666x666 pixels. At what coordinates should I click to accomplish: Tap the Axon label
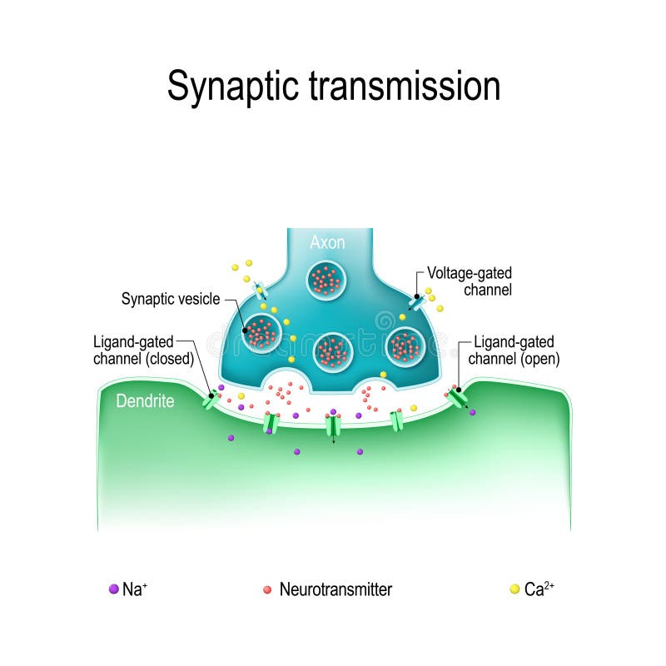pos(327,242)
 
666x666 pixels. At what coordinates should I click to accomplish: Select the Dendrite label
pos(145,401)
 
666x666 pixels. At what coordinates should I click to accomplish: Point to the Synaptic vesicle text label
pos(171,298)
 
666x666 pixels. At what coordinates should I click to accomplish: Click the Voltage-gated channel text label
pos(469,281)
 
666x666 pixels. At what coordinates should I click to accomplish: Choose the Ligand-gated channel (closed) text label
pos(143,350)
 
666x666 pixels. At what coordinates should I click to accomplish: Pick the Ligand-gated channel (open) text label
pos(514,350)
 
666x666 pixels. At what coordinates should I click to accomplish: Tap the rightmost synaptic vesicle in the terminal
pos(406,345)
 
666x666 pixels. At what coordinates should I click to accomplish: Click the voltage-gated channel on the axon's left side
pos(261,290)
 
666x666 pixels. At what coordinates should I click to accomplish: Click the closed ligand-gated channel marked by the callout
pos(211,400)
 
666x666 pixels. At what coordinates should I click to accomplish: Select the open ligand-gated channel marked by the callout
pos(457,396)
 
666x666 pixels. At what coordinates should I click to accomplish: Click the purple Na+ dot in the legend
pos(113,589)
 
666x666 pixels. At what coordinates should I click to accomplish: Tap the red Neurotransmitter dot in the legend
pos(267,589)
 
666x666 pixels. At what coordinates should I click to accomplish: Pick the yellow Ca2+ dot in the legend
pos(514,589)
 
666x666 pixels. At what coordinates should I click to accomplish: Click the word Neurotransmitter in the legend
pos(335,589)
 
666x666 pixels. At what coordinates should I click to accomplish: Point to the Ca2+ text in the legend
pos(539,589)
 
